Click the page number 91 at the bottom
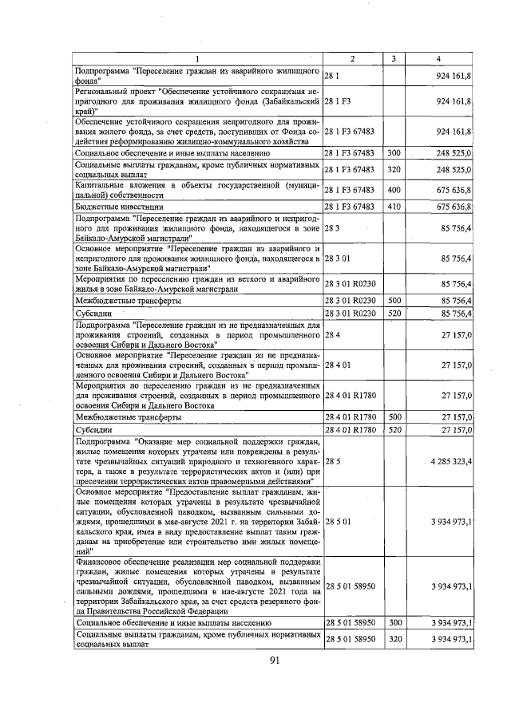(x=274, y=659)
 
